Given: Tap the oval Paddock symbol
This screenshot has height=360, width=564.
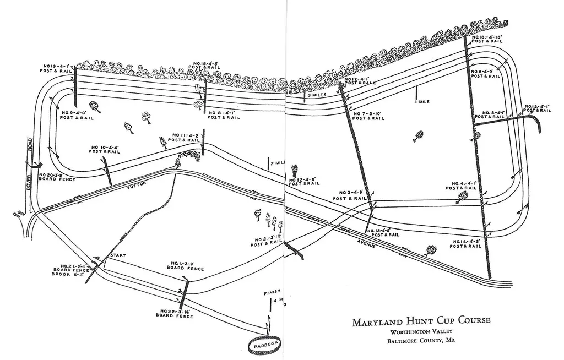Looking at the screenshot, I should coord(265,345).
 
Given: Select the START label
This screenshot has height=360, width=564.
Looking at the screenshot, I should coord(118,256).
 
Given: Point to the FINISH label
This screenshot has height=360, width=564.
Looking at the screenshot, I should coord(273,292).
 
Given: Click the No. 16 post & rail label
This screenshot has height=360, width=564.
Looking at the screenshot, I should coord(487,39).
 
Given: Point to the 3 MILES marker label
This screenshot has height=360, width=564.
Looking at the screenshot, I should coord(319,95).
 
